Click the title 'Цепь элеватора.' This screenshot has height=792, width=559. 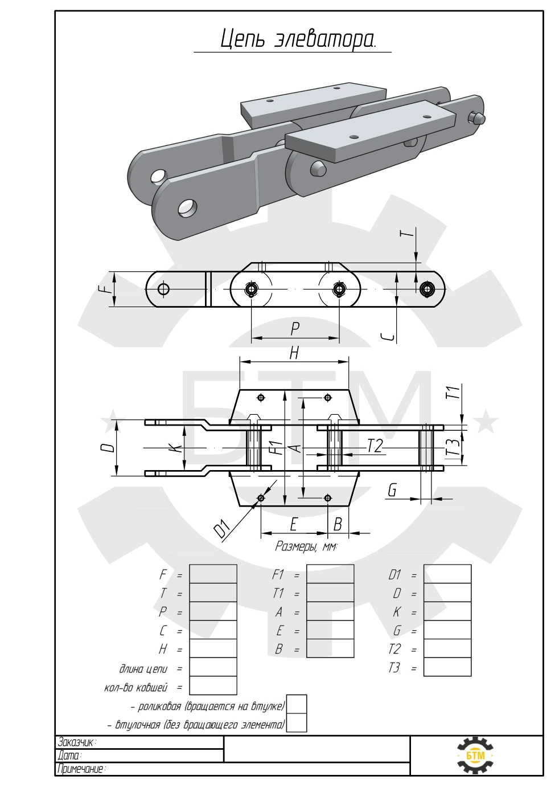(298, 39)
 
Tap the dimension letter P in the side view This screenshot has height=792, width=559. (295, 329)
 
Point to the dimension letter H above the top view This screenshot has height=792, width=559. (294, 353)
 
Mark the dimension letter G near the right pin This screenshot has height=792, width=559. (392, 490)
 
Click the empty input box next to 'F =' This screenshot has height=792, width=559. (213, 574)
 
